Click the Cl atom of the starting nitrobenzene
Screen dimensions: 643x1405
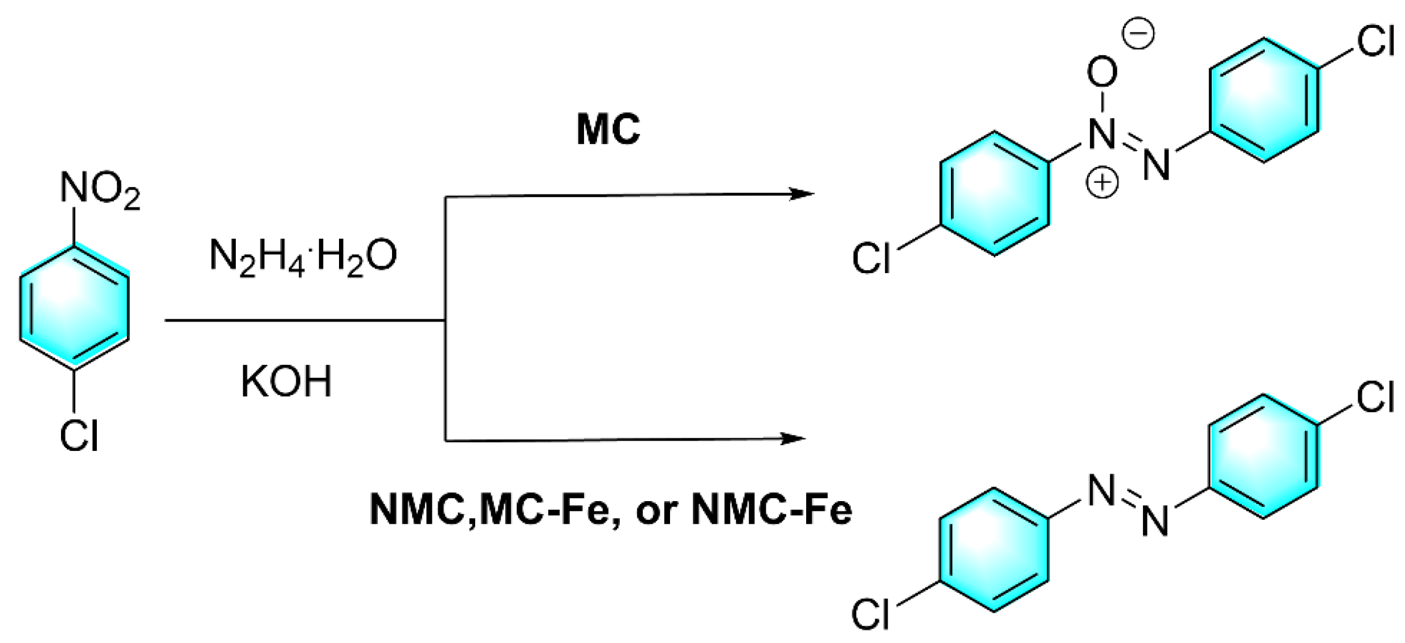coord(79,437)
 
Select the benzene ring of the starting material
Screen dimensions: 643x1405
coord(75,308)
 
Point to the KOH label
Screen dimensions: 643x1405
coord(286,381)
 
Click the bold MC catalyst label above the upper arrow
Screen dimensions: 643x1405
coord(608,129)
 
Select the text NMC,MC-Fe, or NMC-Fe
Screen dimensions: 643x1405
coord(610,509)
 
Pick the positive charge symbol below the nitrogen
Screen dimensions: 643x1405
coord(1101,182)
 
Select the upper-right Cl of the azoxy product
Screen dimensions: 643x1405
coord(1375,42)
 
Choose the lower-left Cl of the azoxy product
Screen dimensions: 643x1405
coord(871,259)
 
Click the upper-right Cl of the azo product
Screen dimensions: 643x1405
coord(1375,397)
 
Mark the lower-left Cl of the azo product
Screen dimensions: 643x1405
coord(870,614)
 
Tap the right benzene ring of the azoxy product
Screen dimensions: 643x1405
coord(1264,100)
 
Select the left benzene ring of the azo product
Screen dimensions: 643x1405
coord(994,550)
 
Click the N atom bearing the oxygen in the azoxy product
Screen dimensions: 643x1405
coord(1102,134)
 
